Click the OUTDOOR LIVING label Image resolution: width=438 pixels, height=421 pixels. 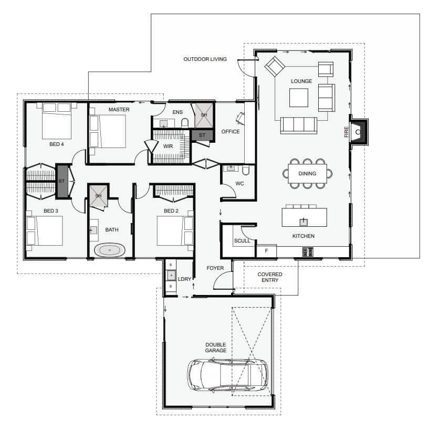click(x=205, y=59)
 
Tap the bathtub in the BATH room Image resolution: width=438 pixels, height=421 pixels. click(x=109, y=250)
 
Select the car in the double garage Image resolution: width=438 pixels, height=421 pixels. click(x=227, y=375)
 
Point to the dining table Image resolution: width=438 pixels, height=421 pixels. click(x=307, y=173)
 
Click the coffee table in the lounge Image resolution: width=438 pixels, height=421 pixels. click(x=299, y=98)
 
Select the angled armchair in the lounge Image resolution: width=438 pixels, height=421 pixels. click(x=275, y=66)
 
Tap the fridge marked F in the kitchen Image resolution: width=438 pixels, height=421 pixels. click(x=266, y=251)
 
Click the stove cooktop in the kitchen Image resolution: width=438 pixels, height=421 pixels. click(x=308, y=251)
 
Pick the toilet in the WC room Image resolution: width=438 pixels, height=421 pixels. click(x=246, y=170)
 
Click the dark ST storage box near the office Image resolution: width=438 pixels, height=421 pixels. click(x=202, y=135)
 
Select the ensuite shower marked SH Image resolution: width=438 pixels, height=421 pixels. click(x=204, y=115)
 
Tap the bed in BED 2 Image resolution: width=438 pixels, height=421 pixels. click(x=175, y=231)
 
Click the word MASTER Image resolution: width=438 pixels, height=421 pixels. click(x=119, y=109)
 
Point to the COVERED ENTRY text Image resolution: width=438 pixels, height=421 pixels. click(x=270, y=277)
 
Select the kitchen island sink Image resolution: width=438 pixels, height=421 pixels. click(x=304, y=222)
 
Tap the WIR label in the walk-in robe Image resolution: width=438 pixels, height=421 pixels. click(x=168, y=146)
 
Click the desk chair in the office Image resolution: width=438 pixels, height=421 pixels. click(x=240, y=118)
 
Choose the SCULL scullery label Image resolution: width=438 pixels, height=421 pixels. click(x=242, y=240)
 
